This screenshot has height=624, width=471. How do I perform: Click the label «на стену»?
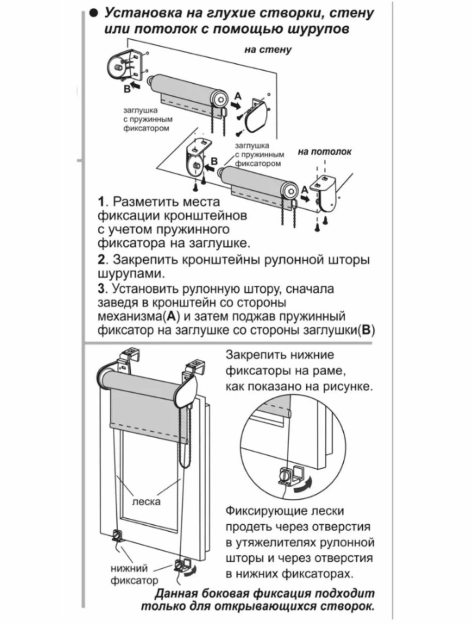[267, 50]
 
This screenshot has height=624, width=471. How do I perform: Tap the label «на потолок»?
[324, 152]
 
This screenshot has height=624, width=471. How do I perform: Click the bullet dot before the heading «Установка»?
[93, 14]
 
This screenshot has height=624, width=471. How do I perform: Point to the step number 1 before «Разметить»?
[101, 202]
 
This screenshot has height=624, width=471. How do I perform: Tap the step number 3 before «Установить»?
[101, 289]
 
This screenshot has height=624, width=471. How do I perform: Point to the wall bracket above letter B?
[126, 66]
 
